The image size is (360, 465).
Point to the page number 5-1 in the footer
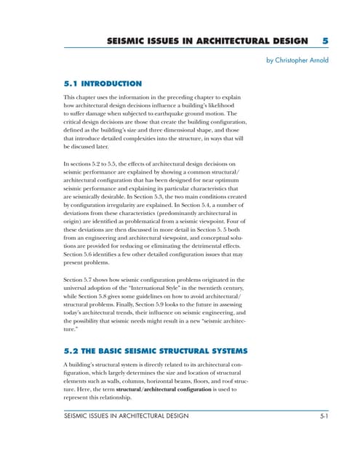point(326,416)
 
